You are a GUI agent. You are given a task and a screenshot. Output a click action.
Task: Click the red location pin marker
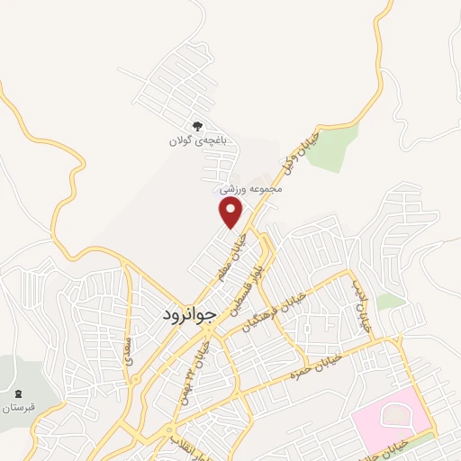pyautogui.click(x=231, y=212)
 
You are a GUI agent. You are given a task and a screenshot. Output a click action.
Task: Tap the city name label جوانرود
pyautogui.click(x=190, y=315)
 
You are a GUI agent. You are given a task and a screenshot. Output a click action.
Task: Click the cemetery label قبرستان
pyautogui.click(x=18, y=407)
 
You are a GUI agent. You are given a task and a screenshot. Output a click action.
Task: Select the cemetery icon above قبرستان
pyautogui.click(x=19, y=393)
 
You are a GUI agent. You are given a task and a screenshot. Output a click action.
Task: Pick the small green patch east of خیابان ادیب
pyautogui.click(x=390, y=302)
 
